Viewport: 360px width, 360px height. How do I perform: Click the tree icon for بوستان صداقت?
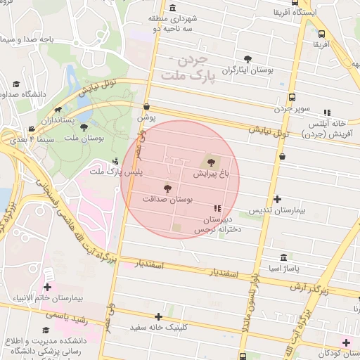pos(167,188)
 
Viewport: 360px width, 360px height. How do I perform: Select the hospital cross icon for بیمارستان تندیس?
pos(278,200)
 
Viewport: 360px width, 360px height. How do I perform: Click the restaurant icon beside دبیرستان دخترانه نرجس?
pos(217,209)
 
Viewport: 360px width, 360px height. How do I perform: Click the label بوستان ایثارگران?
pos(247,70)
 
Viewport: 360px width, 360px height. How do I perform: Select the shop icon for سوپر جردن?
pos(282,97)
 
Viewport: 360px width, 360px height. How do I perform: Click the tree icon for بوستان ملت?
pos(84,127)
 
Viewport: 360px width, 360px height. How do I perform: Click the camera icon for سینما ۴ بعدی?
pos(32,129)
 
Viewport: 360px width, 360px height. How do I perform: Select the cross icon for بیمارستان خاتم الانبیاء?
pos(47,287)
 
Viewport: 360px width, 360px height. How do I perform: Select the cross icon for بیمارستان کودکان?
pos(345,342)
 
